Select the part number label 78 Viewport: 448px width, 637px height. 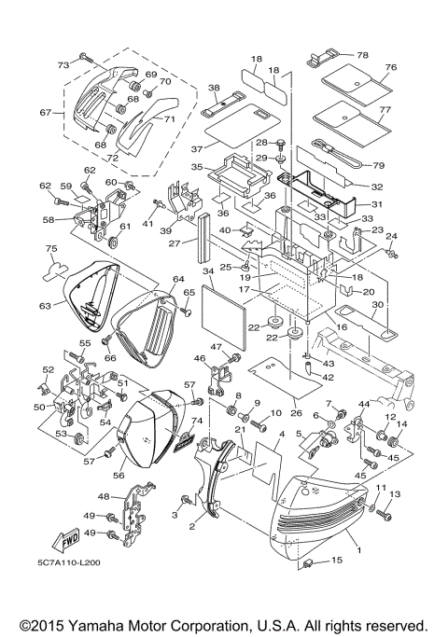point(362,55)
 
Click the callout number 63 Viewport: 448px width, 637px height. point(43,305)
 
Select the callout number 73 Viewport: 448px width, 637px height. point(63,65)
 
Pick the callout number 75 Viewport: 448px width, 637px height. point(52,248)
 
